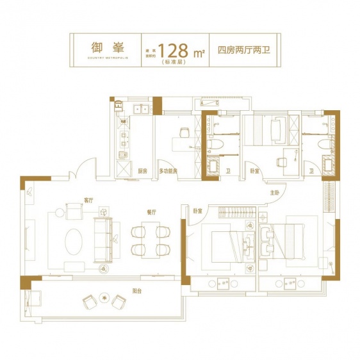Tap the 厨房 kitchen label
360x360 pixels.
tap(143, 171)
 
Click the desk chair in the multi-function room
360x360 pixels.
tap(184, 132)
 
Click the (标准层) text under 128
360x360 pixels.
tap(176, 62)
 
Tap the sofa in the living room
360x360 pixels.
tap(102, 239)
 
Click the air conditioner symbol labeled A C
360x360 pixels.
tap(209, 102)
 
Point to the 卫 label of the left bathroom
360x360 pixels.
tap(229, 171)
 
